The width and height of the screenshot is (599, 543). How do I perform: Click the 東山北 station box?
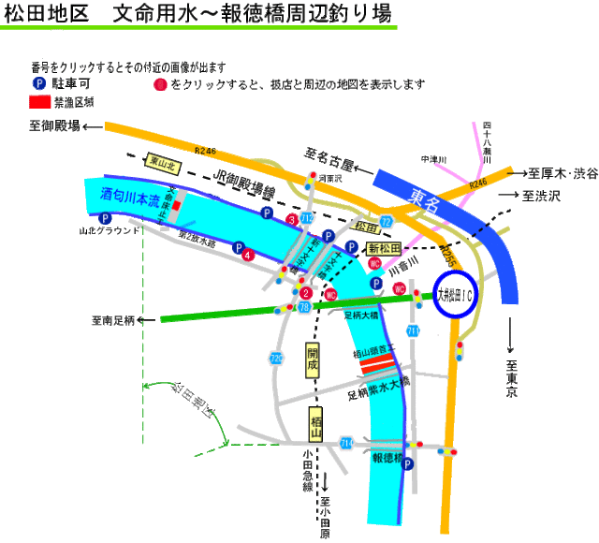click(x=165, y=161)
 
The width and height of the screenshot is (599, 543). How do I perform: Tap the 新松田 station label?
click(x=384, y=248)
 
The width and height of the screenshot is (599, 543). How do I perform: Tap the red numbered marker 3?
click(x=292, y=220)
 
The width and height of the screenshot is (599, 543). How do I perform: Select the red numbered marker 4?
click(x=247, y=254)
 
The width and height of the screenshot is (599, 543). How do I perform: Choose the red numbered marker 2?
click(x=306, y=293)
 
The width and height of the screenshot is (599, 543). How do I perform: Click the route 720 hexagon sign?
click(x=276, y=359)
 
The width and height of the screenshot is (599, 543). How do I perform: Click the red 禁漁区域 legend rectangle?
click(x=39, y=101)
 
